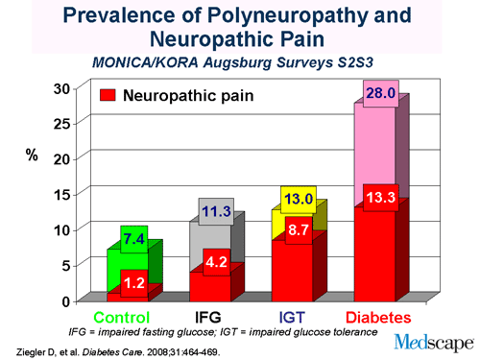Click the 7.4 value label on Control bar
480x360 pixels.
point(133,238)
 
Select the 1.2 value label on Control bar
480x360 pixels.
point(133,283)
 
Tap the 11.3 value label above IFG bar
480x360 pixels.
point(216,211)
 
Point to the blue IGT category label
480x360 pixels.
point(293,317)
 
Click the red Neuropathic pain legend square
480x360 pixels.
point(108,96)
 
